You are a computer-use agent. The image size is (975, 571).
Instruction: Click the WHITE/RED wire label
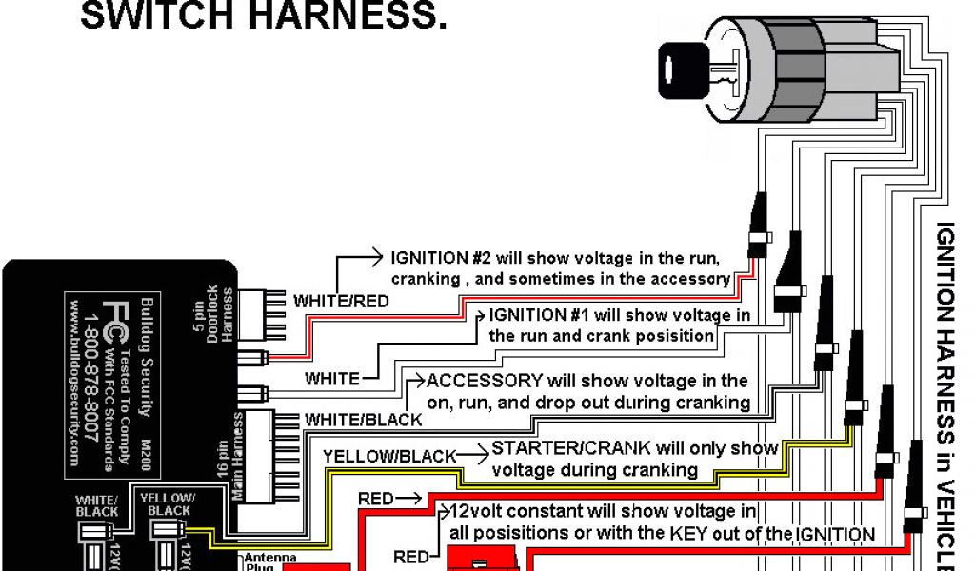tap(340, 301)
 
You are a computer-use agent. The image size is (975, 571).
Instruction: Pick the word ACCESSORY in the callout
tap(485, 382)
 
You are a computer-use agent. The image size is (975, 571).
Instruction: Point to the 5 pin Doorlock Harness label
tap(218, 313)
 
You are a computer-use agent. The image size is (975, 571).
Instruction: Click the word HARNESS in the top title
tap(351, 16)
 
